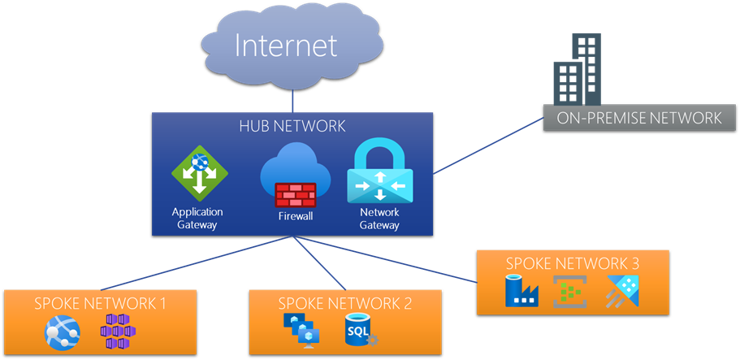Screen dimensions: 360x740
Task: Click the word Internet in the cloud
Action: pyautogui.click(x=286, y=45)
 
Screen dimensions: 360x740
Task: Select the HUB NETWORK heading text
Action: pyautogui.click(x=292, y=126)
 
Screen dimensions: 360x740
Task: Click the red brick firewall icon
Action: pyautogui.click(x=295, y=195)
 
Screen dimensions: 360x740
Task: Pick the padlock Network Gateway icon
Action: pyautogui.click(x=379, y=172)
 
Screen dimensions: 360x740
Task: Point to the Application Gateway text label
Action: pyautogui.click(x=197, y=219)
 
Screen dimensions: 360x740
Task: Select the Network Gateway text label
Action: pyautogui.click(x=379, y=219)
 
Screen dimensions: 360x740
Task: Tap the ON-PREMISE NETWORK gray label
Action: pyautogui.click(x=639, y=119)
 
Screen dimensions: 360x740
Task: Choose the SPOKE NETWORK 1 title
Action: pyautogui.click(x=100, y=304)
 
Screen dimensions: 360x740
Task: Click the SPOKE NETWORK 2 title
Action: pyautogui.click(x=345, y=304)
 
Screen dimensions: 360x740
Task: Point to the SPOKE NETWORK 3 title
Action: pyautogui.click(x=573, y=263)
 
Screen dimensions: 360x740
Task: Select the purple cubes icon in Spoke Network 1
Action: pyautogui.click(x=115, y=332)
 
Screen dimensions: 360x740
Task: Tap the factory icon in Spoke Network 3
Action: pyautogui.click(x=518, y=291)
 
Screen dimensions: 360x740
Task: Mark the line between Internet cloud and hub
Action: pyautogui.click(x=292, y=100)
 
